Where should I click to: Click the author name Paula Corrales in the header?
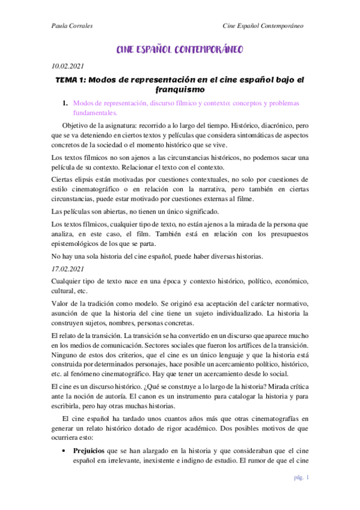(69, 26)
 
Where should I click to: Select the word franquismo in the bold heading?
(179, 90)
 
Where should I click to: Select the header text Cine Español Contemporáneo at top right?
(262, 26)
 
